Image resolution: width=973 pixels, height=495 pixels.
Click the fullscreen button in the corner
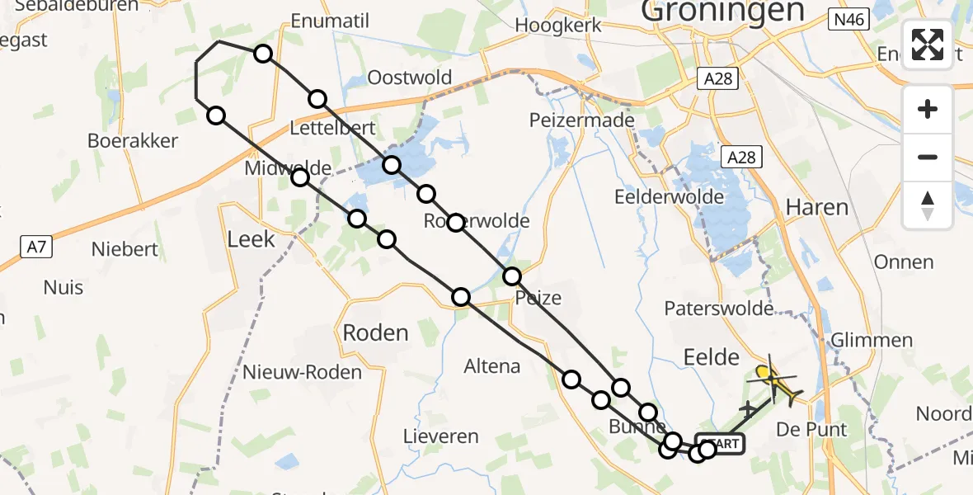click(x=928, y=45)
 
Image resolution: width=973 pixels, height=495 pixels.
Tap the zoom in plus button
click(x=928, y=109)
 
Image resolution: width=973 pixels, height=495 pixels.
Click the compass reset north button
click(x=928, y=205)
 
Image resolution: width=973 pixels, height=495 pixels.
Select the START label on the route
click(x=722, y=444)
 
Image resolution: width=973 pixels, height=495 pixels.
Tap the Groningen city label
click(x=722, y=12)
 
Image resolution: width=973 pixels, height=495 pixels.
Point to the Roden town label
click(x=375, y=332)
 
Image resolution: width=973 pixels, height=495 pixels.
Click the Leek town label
click(x=251, y=239)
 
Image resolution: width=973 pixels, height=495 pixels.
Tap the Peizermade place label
click(x=582, y=120)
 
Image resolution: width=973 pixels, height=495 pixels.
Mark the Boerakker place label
click(x=133, y=140)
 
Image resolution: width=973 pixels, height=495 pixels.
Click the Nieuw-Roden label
click(x=302, y=372)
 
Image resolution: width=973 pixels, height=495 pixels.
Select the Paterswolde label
click(x=719, y=309)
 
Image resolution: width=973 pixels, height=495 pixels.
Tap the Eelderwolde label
click(x=670, y=197)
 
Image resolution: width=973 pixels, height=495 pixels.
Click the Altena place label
click(x=492, y=366)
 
